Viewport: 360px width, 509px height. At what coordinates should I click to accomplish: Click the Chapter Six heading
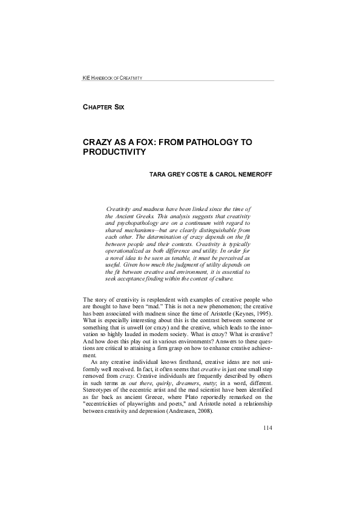click(x=103, y=107)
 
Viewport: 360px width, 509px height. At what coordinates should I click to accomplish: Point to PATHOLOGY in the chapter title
click(x=208, y=141)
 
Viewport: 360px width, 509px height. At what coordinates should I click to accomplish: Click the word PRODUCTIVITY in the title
click(x=114, y=152)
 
